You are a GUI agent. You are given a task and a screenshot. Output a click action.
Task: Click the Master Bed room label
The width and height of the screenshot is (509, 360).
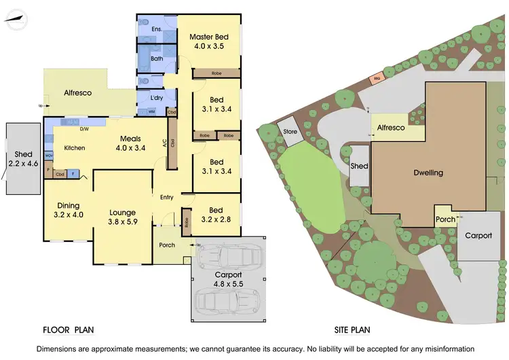(208, 37)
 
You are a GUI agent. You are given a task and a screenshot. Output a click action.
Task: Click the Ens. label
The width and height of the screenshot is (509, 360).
(157, 29)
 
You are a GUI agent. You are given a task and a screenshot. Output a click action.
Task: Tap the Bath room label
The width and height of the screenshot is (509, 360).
(157, 59)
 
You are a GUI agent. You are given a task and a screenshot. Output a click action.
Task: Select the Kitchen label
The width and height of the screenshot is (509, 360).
(75, 147)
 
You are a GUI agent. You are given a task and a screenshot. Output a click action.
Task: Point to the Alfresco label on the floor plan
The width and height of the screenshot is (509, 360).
(78, 92)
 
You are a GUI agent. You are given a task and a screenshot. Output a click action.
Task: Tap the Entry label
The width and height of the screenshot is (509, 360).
(167, 198)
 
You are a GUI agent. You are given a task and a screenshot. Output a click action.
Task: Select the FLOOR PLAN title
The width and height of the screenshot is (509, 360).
(68, 330)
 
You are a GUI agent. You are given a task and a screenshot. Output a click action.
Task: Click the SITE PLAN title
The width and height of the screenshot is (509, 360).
(352, 330)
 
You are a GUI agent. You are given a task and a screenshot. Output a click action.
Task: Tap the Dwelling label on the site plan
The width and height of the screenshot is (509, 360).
(428, 173)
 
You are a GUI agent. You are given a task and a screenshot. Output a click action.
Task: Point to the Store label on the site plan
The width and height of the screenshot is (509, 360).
(290, 131)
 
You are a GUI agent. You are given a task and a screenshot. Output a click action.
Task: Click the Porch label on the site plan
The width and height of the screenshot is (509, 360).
(445, 219)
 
